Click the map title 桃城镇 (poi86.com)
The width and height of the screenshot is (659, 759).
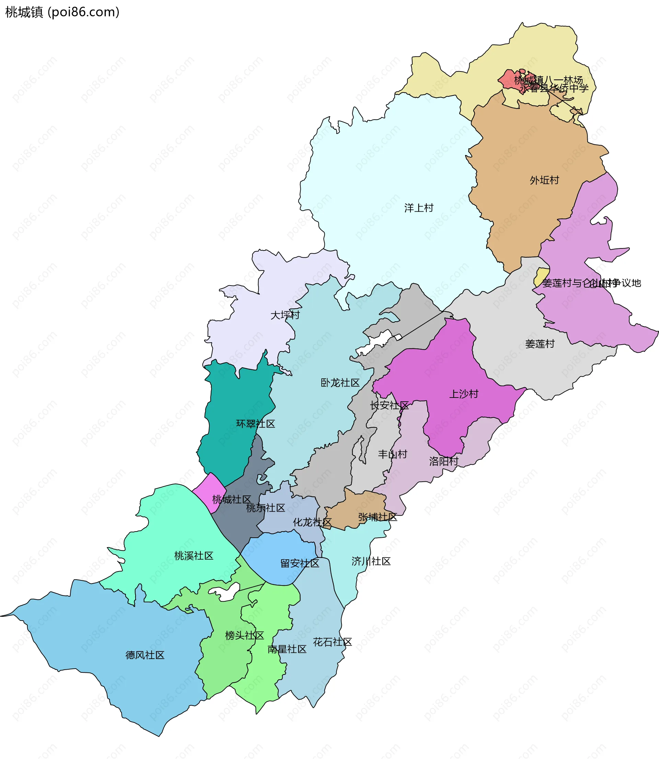coord(62,12)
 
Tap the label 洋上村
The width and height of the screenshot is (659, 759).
coord(419,208)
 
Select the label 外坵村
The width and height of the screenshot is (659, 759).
coord(544,180)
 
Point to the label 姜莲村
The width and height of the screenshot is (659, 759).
coord(540,344)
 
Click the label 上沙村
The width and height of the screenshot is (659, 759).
coord(464,394)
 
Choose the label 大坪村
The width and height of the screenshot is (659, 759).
coord(285,315)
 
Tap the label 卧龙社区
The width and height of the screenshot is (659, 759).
coord(340,383)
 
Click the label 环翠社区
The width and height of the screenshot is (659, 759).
coord(256,424)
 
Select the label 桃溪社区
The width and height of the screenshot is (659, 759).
coord(194,556)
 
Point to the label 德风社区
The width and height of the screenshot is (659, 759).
coord(145,656)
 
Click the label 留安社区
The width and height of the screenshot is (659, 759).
coord(300,563)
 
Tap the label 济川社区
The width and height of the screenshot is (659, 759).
coord(371,561)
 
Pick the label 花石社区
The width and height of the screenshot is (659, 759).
coord(333,642)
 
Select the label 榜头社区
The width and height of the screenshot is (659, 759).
coord(244,636)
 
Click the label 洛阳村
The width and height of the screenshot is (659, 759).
coord(444,461)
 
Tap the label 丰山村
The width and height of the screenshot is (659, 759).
coord(393,454)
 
